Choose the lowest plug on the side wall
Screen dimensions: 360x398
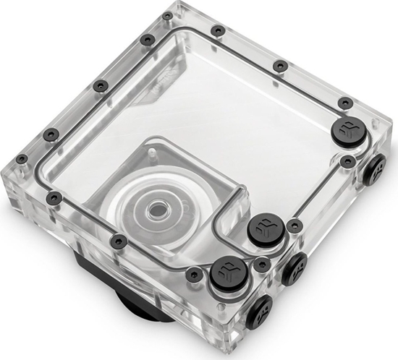pyautogui.click(x=260, y=310)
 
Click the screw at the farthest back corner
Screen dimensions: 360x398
pyautogui.click(x=168, y=15)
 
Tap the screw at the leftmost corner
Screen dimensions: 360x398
pyautogui.click(x=22, y=159)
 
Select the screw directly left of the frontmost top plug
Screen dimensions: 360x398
pyautogui.click(x=194, y=274)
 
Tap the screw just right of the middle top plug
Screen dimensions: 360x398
pyautogui.click(x=294, y=226)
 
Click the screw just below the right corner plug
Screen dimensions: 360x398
pyautogui.click(x=349, y=160)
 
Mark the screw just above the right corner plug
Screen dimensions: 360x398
pyautogui.click(x=346, y=104)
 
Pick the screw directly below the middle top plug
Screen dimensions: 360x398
pyautogui.click(x=261, y=265)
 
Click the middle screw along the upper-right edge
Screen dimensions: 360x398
pyautogui.click(x=281, y=67)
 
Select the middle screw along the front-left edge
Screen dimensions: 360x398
pyautogui.click(x=119, y=241)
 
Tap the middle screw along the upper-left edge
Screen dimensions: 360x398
pyautogui.click(x=101, y=86)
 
